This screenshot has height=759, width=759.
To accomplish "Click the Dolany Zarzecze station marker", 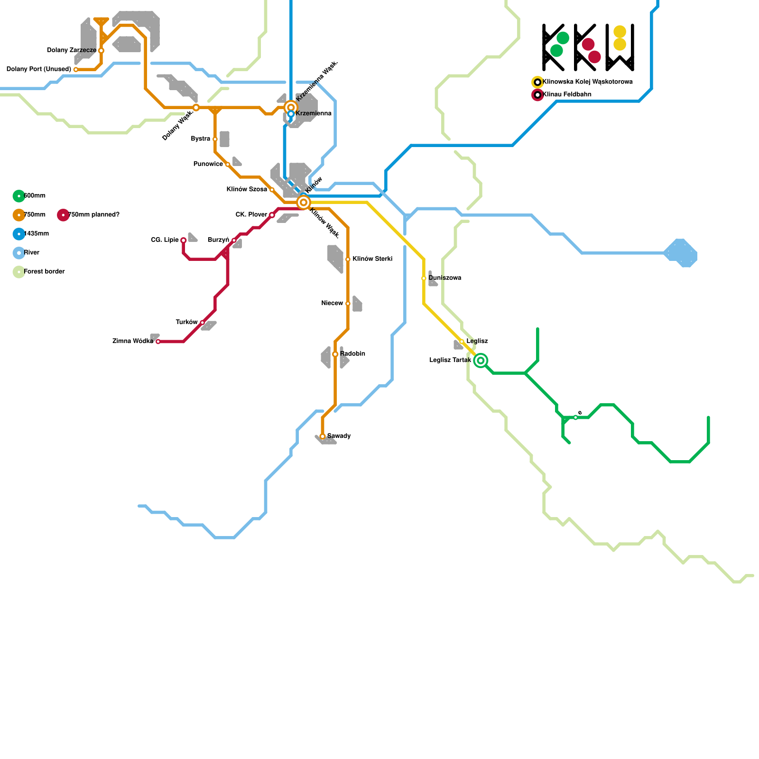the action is (101, 50).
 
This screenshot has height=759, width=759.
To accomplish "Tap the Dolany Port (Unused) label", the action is (39, 69).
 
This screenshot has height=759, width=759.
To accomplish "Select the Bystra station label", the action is (200, 139).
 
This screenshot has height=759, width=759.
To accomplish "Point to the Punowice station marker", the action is (228, 165).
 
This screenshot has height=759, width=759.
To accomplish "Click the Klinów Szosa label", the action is (247, 190).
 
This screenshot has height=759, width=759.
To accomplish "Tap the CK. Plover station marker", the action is (272, 215).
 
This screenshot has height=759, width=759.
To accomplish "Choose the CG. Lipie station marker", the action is (184, 241).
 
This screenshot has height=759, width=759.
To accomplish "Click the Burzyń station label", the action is (219, 240).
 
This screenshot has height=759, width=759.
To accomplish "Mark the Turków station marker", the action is (203, 323).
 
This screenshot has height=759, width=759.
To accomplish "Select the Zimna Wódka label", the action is (133, 342).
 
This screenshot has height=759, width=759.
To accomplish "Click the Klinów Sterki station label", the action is (372, 259).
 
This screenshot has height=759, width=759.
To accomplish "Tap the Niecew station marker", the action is (348, 304).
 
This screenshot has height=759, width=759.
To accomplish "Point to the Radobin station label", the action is (352, 354).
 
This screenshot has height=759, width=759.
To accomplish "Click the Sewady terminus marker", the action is (323, 436).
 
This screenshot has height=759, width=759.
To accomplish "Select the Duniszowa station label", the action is (444, 278).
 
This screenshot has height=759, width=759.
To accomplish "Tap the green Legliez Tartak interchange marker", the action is (481, 361).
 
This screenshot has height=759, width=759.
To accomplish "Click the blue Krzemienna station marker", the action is (291, 114).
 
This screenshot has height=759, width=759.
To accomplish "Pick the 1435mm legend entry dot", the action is (19, 234).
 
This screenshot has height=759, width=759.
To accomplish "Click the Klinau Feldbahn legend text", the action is (567, 94).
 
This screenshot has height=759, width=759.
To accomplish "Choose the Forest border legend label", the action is (44, 272).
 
